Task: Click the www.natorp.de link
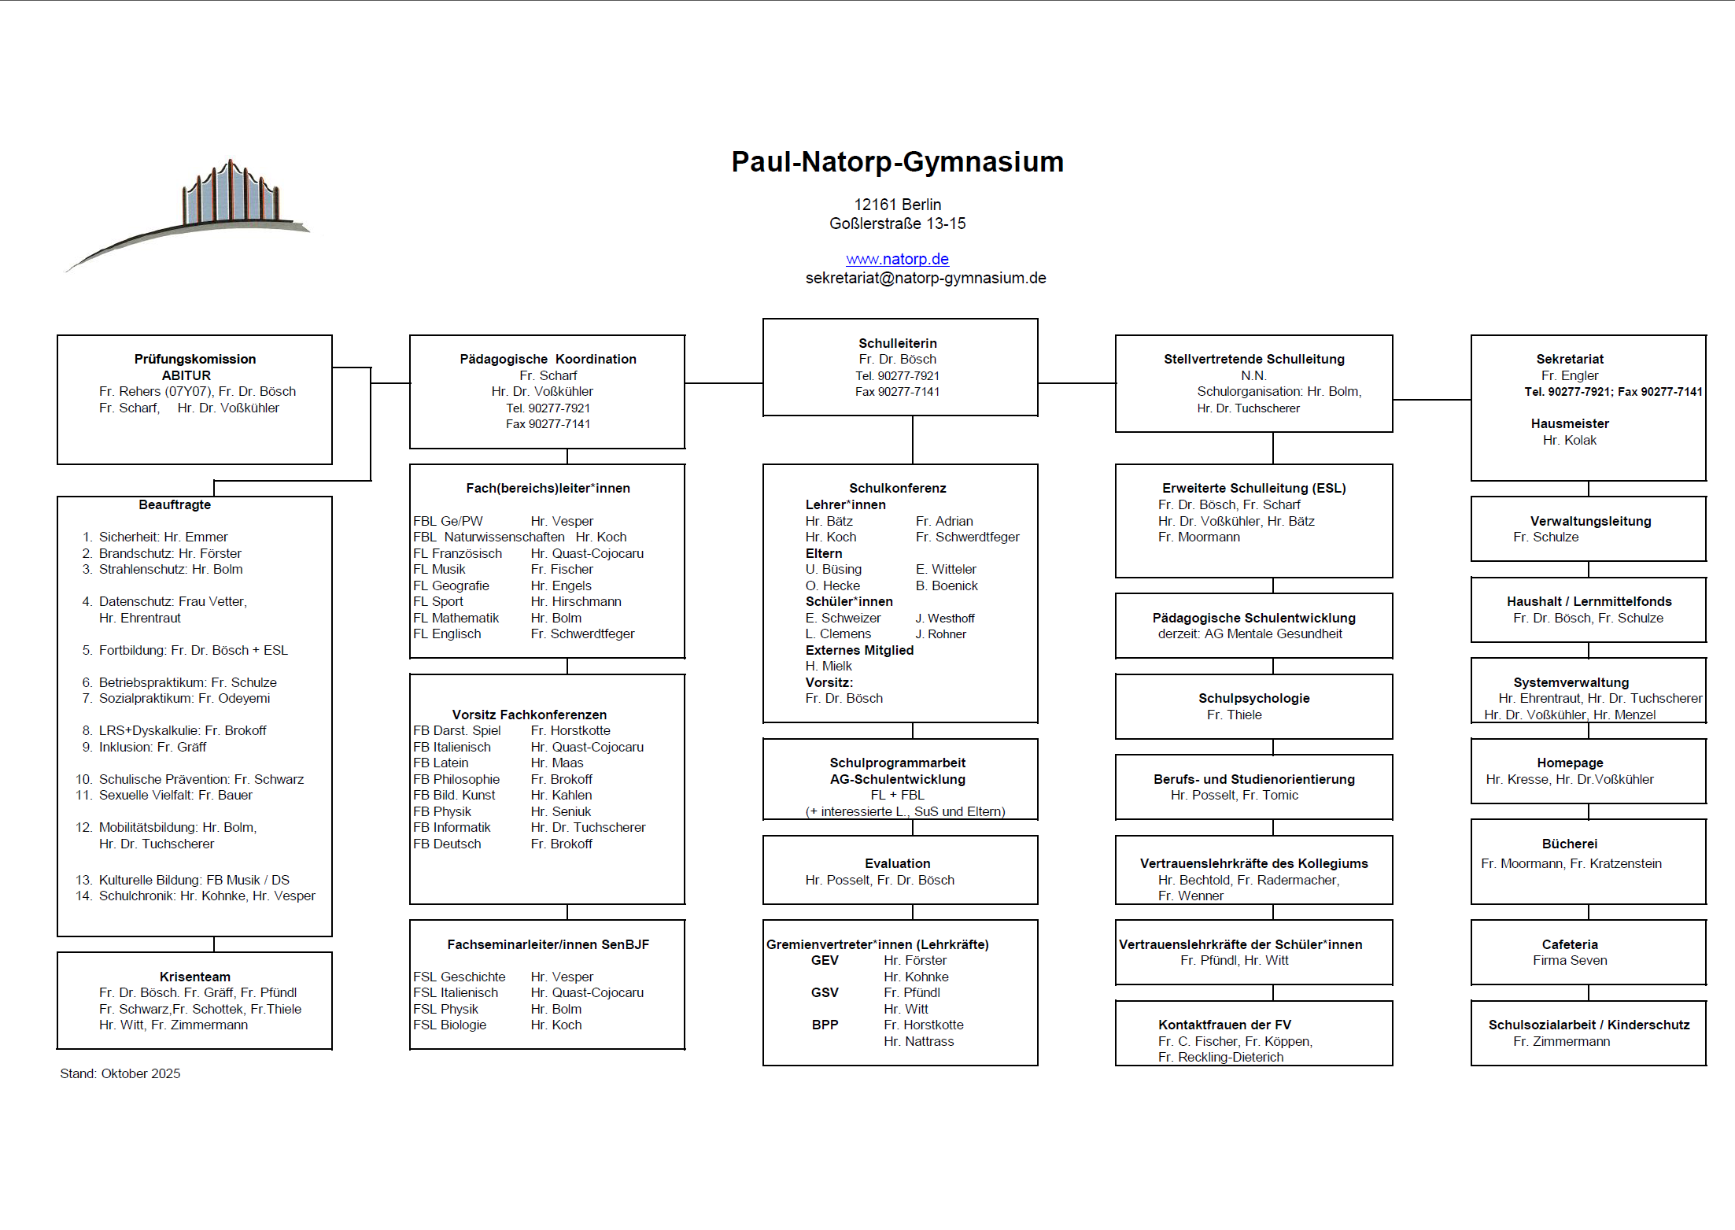coord(897,259)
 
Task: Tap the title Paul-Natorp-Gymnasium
coord(897,161)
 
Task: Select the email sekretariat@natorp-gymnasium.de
coord(925,278)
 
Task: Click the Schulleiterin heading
coord(897,343)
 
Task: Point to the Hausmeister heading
coord(1569,423)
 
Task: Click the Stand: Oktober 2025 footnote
coord(120,1073)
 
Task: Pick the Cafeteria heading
coord(1569,944)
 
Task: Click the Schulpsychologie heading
coord(1253,698)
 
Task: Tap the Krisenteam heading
coord(194,977)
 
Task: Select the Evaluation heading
coord(897,863)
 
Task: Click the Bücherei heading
coord(1569,844)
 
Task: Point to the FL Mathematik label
coord(456,618)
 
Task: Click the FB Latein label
coord(441,763)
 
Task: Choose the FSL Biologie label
coord(449,1025)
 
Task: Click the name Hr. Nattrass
coord(918,1041)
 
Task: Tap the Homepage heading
coord(1569,763)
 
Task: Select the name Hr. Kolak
coord(1569,440)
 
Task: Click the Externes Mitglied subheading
coord(859,650)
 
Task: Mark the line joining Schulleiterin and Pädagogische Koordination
coord(724,383)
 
